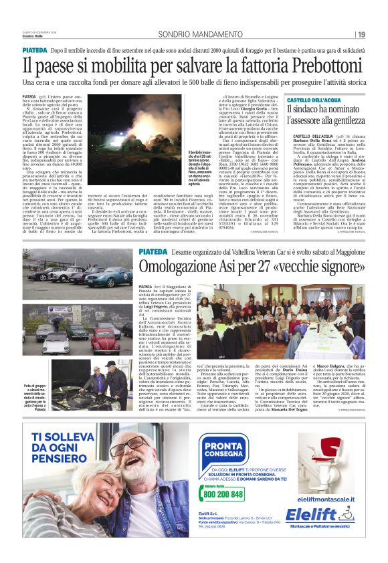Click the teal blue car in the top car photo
tap(108, 276)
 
